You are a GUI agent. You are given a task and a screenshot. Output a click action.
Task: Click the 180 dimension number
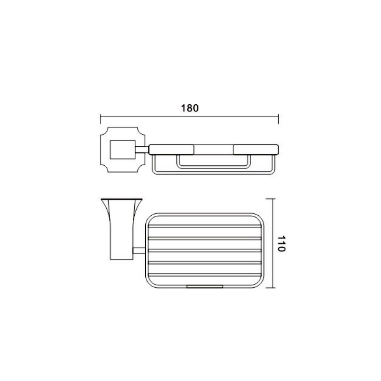(x=190, y=108)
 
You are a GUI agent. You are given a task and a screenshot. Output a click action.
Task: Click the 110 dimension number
(x=281, y=243)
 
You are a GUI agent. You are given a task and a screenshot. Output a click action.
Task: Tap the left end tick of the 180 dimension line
(x=100, y=119)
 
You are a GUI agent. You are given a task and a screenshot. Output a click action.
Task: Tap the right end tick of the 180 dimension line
(x=278, y=119)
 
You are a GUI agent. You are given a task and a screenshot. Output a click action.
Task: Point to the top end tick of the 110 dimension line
(x=271, y=199)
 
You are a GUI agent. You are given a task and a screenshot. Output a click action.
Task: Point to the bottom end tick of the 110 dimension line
(x=271, y=288)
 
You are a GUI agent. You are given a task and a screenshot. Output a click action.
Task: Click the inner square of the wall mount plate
(x=122, y=150)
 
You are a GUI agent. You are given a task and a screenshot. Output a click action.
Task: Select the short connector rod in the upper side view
(x=142, y=150)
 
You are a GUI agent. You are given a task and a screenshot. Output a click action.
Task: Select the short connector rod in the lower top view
(x=139, y=251)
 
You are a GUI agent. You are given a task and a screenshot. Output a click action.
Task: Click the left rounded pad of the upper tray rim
(x=171, y=150)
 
